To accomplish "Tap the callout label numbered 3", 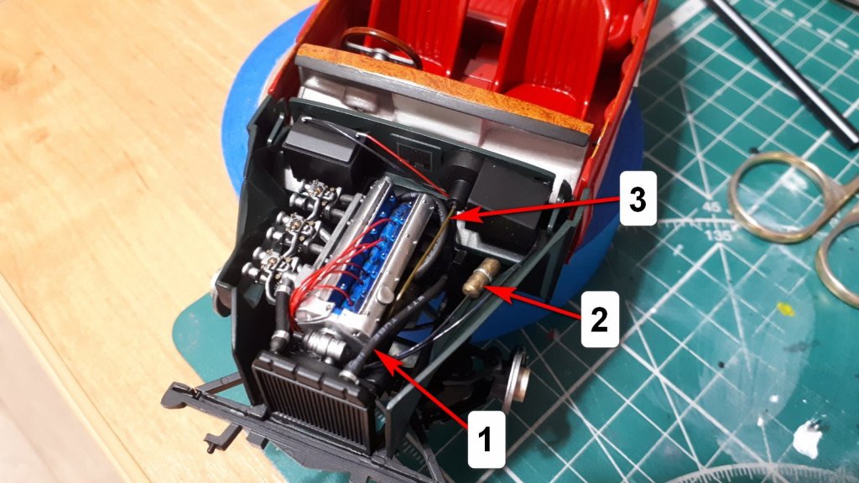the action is pos(638,198).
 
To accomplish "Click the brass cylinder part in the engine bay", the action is pos(481,277).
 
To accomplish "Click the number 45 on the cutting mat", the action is pos(711,208).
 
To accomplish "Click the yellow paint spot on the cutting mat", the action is pos(785,309).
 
